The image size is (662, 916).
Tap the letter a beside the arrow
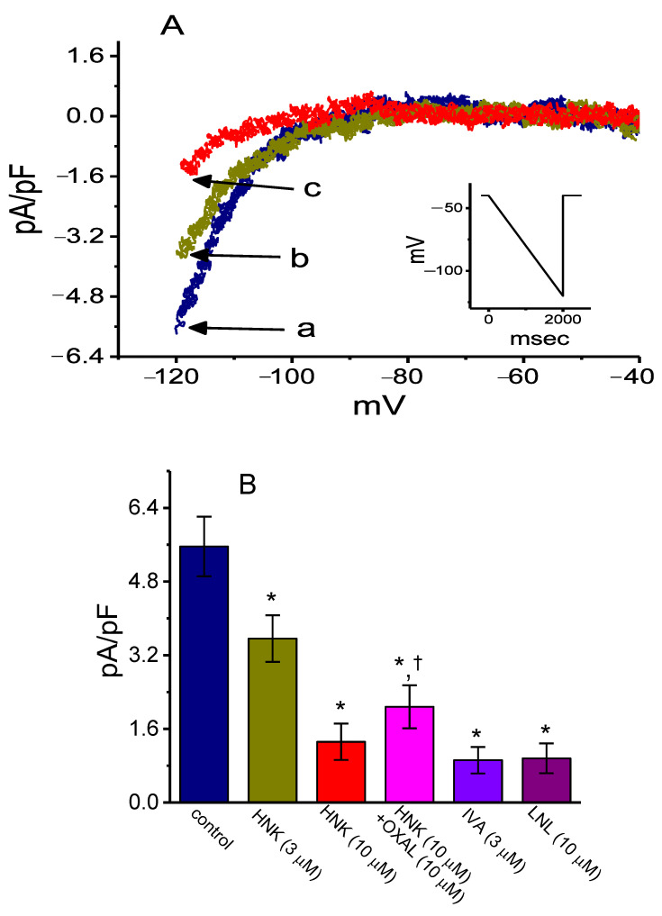306,329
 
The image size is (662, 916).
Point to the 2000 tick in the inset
562,318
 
